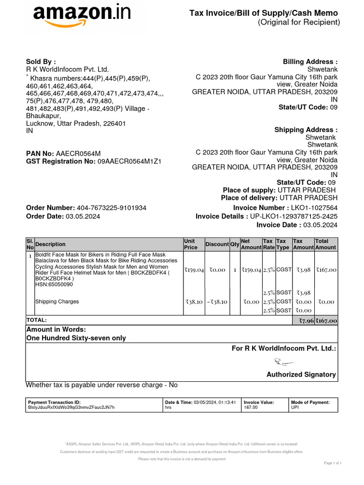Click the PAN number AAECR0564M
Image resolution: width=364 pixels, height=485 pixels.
(x=78, y=153)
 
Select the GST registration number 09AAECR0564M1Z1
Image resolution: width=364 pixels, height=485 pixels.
(x=129, y=162)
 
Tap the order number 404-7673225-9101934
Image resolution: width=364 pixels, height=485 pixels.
(x=111, y=208)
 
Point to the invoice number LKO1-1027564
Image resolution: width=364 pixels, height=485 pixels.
(x=314, y=208)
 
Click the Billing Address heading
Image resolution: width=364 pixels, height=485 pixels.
(x=310, y=62)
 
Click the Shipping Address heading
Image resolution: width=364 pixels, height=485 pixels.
(x=306, y=130)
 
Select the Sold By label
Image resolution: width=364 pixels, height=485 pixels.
(x=41, y=62)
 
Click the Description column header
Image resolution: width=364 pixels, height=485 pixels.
(x=50, y=244)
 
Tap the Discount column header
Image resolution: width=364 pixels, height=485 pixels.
(x=217, y=244)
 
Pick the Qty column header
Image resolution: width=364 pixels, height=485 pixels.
(x=235, y=244)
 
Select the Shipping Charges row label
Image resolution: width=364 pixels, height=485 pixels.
(x=57, y=302)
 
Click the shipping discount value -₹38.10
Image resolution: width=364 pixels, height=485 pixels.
(x=217, y=302)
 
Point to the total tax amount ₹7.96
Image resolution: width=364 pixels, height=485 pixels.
(x=303, y=321)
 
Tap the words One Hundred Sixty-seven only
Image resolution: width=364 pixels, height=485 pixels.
(x=76, y=338)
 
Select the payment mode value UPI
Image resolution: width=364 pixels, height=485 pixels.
(x=295, y=407)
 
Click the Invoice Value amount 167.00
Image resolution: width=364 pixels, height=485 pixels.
(x=251, y=407)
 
